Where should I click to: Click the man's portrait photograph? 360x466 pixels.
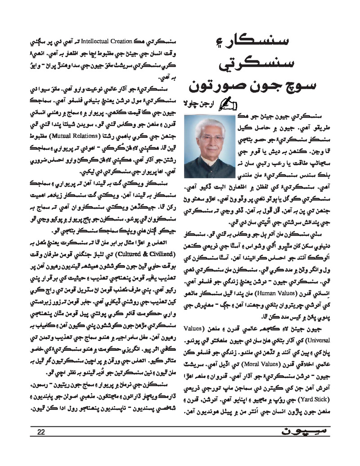210,147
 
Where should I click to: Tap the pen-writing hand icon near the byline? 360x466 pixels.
225,104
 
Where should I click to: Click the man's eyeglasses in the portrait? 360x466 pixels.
211,138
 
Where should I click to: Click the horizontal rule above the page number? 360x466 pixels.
180,426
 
